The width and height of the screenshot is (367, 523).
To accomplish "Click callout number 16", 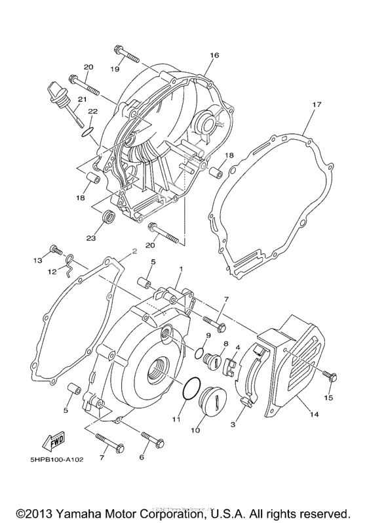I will pyautogui.click(x=214, y=56).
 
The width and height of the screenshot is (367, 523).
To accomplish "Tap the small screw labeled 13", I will pyautogui.click(x=55, y=250).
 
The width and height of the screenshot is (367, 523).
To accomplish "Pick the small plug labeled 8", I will pyautogui.click(x=214, y=360).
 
